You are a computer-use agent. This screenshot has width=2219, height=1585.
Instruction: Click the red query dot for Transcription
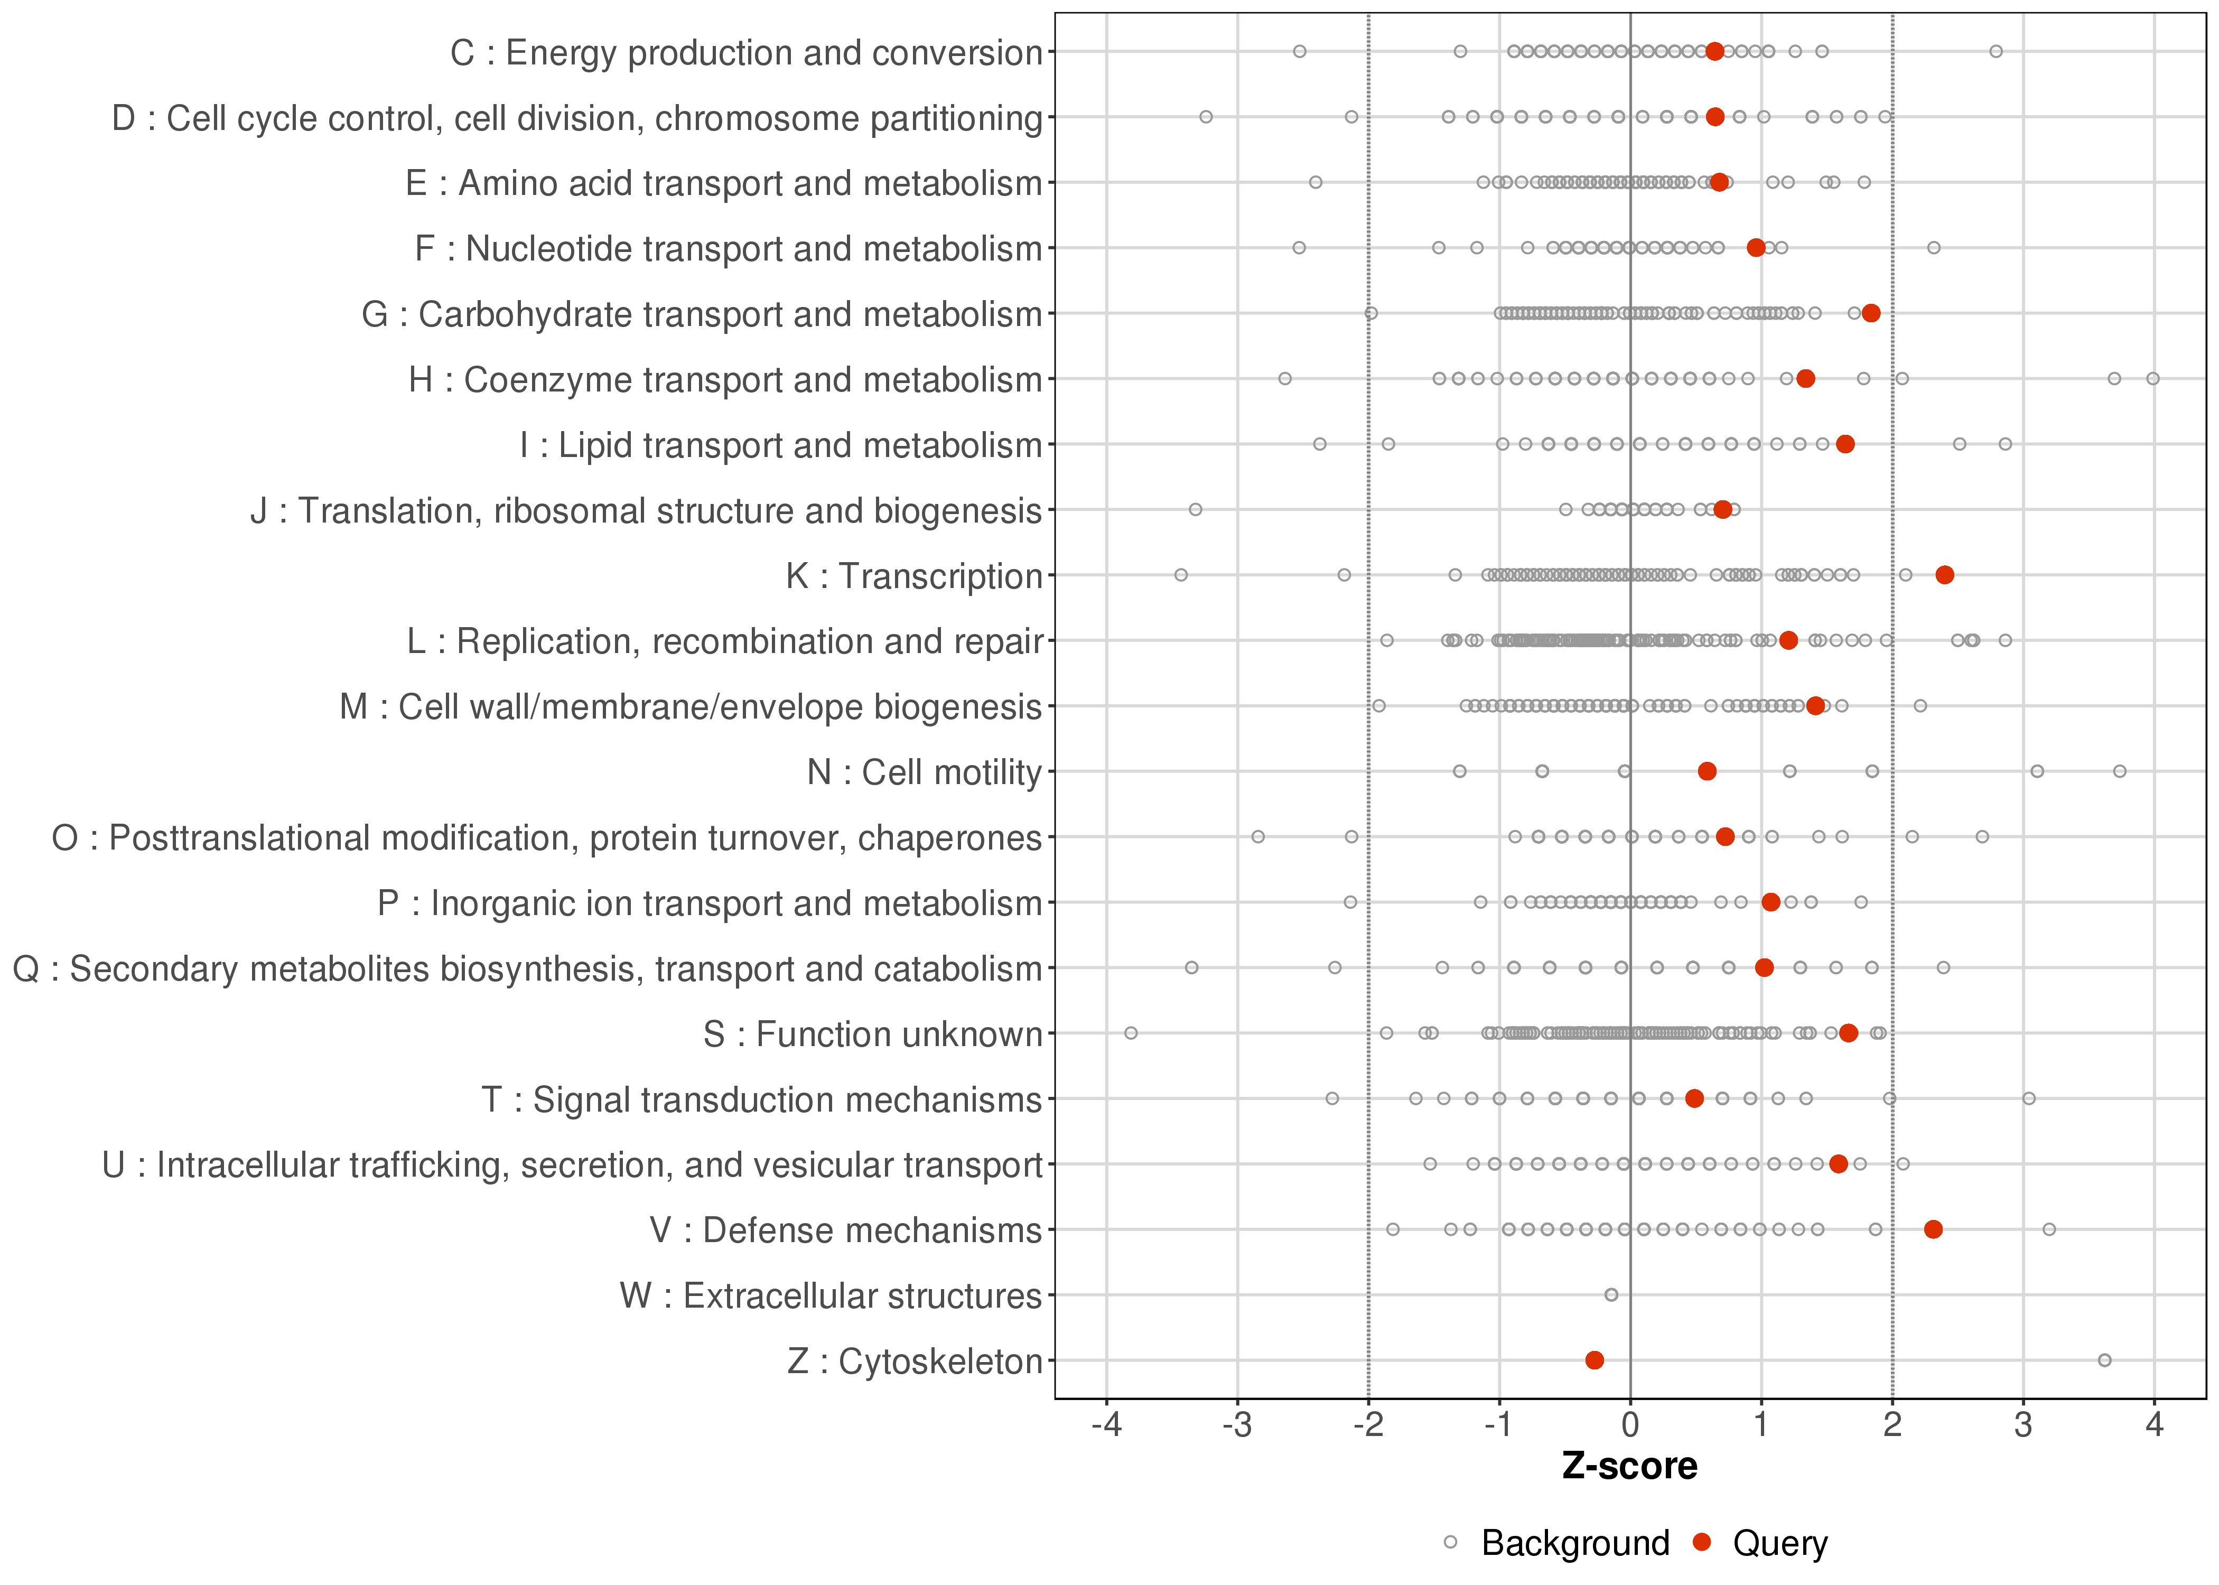tap(1945, 575)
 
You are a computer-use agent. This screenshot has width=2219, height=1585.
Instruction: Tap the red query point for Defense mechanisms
tap(1933, 1230)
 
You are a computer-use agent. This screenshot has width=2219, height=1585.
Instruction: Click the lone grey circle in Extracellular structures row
tap(1611, 1295)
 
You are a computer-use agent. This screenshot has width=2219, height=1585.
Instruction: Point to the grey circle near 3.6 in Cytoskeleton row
tap(2105, 1360)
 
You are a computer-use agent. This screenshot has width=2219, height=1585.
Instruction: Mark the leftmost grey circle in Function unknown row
tap(1131, 1032)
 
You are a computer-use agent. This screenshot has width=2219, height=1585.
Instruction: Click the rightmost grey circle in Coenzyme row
tap(2152, 379)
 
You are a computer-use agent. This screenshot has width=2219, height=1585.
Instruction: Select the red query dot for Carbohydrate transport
tap(1871, 313)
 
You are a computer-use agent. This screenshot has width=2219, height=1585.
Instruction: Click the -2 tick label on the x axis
tap(1368, 1426)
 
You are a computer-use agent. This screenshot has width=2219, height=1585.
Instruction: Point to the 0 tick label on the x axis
tap(1629, 1426)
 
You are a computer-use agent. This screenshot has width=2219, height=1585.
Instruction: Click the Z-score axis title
tap(1629, 1467)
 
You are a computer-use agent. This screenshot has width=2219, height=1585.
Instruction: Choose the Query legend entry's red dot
tap(1702, 1542)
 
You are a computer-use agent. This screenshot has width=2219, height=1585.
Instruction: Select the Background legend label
tap(1575, 1543)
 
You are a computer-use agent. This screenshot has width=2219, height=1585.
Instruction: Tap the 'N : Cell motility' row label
tap(924, 772)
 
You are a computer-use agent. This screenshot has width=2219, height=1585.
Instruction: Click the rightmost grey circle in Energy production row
tap(1996, 52)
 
